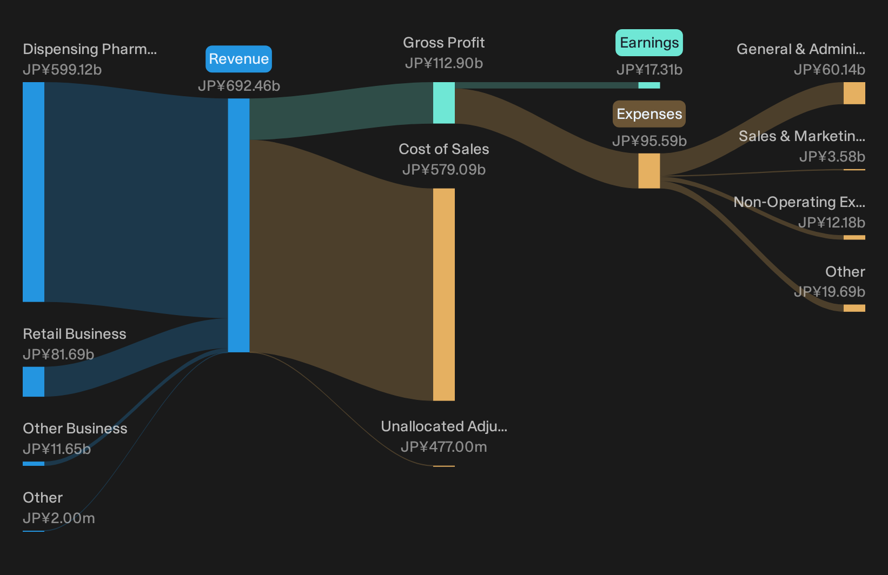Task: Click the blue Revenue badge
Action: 238,59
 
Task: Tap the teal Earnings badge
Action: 649,43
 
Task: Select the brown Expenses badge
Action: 649,114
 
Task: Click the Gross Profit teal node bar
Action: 443,103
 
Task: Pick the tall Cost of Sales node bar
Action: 443,295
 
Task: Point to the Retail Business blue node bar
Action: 34,382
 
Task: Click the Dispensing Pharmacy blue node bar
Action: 34,192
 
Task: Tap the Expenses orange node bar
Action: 649,171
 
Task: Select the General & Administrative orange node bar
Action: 854,93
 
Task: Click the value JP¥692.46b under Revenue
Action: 239,86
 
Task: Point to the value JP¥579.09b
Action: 444,170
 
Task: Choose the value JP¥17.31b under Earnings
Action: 650,70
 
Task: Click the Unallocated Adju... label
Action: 444,426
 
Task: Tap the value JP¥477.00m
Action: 444,447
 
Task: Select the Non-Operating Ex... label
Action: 799,202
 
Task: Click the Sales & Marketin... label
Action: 802,136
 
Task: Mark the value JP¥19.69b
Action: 830,292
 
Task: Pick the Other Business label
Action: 75,429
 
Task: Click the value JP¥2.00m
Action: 58,518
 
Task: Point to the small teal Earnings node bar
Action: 649,85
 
